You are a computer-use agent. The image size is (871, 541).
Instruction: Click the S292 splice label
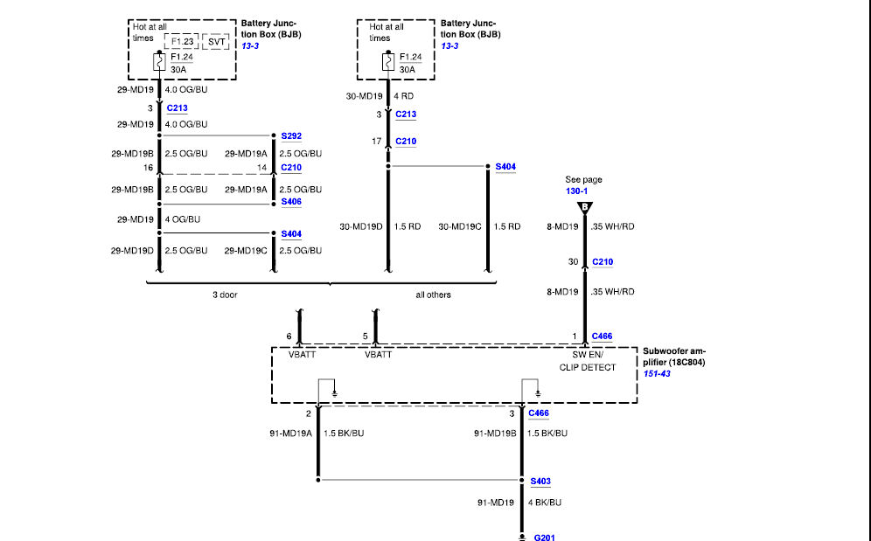click(291, 136)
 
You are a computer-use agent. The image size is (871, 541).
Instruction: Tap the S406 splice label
click(291, 202)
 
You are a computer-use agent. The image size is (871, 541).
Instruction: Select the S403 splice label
click(540, 481)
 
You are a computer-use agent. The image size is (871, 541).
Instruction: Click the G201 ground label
click(544, 538)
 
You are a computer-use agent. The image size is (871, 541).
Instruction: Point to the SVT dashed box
click(216, 42)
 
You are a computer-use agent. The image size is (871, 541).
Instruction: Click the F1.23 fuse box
click(182, 42)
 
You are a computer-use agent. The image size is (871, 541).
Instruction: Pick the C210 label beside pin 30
click(603, 261)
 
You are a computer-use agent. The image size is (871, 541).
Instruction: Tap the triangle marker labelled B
click(585, 208)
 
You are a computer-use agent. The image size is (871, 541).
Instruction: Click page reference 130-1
click(576, 191)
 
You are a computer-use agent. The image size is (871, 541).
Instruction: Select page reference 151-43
click(657, 374)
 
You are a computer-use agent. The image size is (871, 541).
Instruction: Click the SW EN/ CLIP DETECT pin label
click(588, 361)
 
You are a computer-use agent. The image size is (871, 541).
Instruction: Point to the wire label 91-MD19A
click(291, 433)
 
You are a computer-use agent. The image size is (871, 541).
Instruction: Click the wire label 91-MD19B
click(495, 433)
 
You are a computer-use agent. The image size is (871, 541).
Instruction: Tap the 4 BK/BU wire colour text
click(544, 503)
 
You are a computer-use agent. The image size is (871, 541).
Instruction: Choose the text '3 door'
click(225, 295)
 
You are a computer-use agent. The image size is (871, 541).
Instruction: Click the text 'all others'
click(433, 295)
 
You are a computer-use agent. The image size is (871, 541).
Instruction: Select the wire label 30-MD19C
click(460, 226)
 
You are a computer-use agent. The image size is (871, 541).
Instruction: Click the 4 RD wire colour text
click(404, 96)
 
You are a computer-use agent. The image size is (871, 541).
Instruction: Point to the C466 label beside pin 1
click(603, 336)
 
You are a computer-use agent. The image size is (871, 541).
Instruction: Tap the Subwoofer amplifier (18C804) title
click(674, 357)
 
